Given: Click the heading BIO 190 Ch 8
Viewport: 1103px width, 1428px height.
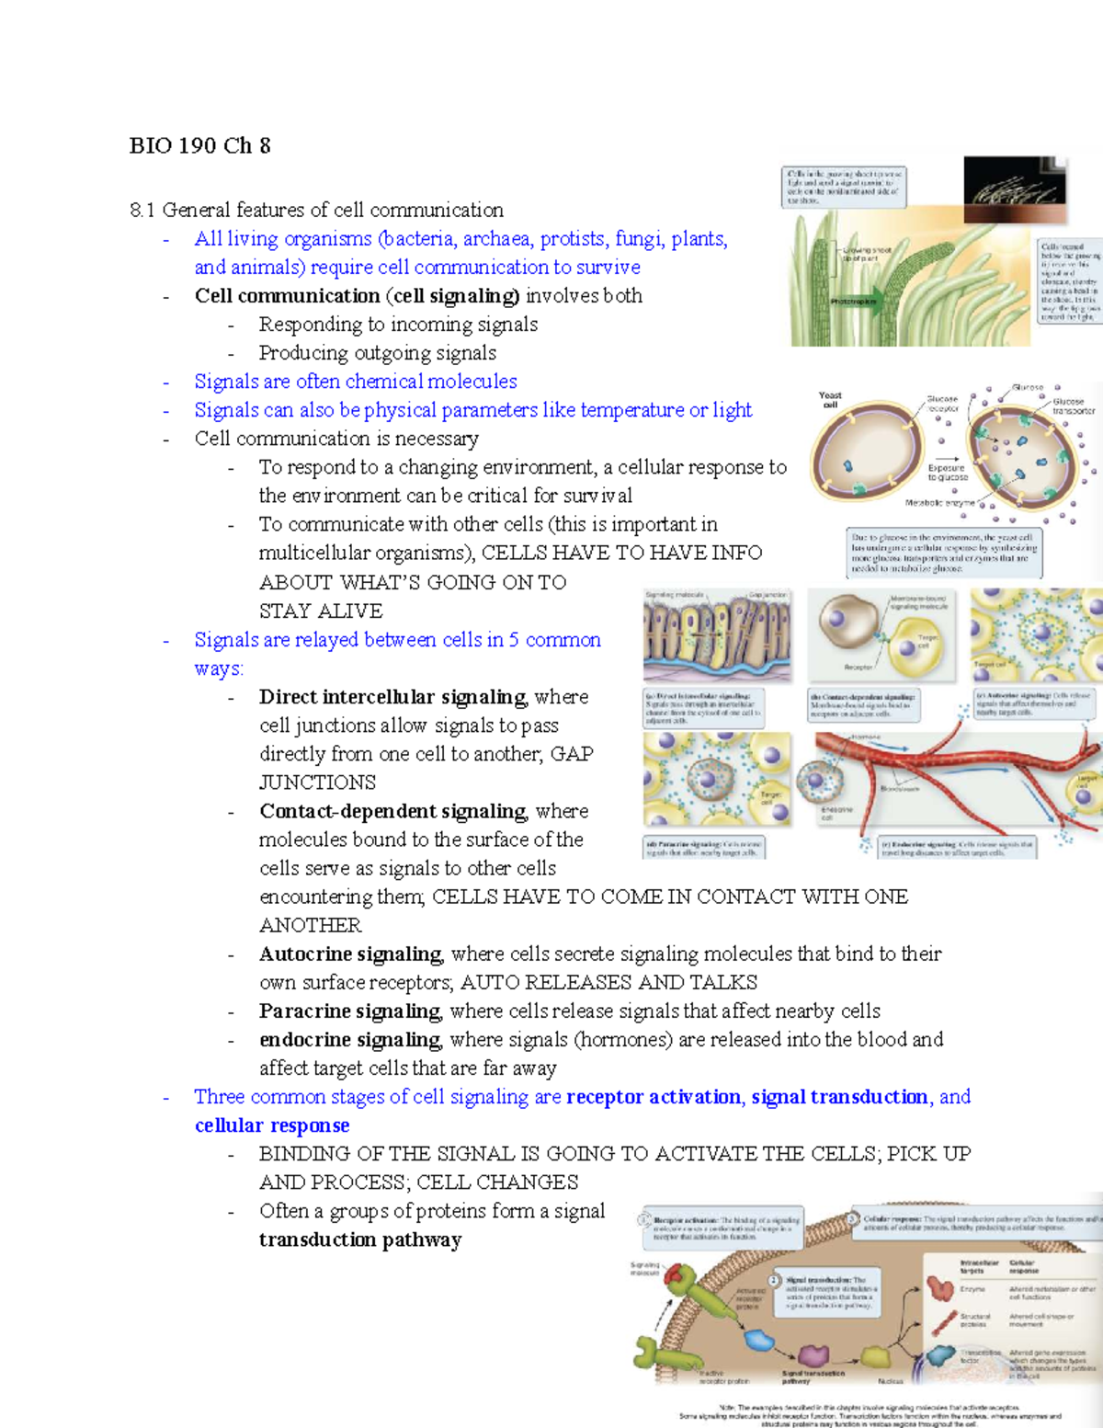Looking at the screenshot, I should point(199,145).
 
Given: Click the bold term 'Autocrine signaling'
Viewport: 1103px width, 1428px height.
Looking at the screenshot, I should point(350,954).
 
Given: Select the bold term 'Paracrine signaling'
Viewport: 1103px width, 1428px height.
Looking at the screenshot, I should point(349,1011).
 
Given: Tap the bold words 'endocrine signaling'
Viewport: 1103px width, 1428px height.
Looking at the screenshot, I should point(349,1039).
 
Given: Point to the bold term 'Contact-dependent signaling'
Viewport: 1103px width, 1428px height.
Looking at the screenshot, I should point(392,811).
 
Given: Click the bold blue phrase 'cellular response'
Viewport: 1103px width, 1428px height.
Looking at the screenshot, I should point(272,1125).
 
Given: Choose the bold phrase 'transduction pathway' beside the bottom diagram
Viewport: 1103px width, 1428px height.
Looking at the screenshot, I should point(360,1240).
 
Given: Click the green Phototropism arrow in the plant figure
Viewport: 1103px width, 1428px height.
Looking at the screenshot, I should point(854,301).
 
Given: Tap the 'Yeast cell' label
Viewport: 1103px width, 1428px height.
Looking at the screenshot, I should point(830,399).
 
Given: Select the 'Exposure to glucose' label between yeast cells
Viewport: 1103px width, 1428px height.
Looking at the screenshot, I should point(947,473).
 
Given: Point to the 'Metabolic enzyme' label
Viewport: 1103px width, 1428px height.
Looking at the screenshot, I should point(938,503).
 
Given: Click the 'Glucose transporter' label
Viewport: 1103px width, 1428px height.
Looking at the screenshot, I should point(1072,406).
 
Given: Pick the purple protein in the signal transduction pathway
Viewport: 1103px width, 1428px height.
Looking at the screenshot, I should point(813,1354).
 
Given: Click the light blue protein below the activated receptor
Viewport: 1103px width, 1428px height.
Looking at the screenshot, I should point(759,1340).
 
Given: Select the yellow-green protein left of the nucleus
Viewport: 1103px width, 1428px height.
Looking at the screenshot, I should point(872,1356).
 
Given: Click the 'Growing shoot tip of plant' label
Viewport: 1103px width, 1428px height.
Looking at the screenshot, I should point(865,254).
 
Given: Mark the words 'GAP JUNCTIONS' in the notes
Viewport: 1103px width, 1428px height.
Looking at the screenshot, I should point(317,782).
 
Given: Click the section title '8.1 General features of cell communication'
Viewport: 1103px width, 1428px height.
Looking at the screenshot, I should point(316,210).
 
